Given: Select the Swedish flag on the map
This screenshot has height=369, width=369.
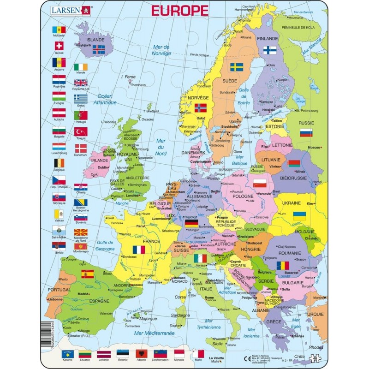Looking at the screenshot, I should [237, 67].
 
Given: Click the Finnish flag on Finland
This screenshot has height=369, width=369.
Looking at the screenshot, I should [270, 49].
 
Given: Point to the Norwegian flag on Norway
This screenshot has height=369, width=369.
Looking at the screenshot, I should [201, 108].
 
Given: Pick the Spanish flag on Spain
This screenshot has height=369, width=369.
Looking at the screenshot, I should [88, 274].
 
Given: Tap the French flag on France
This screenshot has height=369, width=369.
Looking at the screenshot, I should [138, 250].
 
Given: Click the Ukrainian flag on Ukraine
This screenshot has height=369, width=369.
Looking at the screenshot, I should [299, 215].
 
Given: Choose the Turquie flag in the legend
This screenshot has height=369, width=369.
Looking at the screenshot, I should [81, 131].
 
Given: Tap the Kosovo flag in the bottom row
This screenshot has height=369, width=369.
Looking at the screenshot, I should [68, 354].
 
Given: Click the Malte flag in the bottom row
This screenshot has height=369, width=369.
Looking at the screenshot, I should [198, 354].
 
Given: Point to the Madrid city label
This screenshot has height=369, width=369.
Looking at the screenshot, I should [83, 294].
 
